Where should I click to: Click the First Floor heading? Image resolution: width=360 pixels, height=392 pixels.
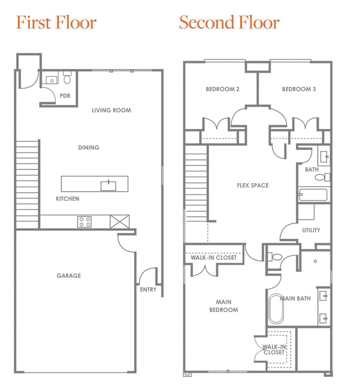pyautogui.click(x=56, y=22)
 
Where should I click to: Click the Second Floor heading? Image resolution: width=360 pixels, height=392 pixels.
pyautogui.click(x=229, y=22)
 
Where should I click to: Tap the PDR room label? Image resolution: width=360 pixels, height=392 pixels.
pyautogui.click(x=65, y=96)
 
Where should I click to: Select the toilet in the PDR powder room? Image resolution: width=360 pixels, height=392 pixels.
pyautogui.click(x=67, y=79)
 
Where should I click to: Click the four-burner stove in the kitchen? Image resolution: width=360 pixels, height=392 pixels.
pyautogui.click(x=84, y=222)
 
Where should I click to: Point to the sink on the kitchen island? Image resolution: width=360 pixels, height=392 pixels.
pyautogui.click(x=108, y=185)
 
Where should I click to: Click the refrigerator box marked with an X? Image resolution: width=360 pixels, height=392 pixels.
pyautogui.click(x=119, y=222)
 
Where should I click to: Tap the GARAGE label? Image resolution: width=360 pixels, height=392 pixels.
pyautogui.click(x=69, y=276)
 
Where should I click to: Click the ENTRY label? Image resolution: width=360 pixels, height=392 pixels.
pyautogui.click(x=148, y=289)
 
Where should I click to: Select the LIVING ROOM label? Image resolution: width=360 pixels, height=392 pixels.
pyautogui.click(x=111, y=110)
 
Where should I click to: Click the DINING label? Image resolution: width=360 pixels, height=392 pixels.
pyautogui.click(x=88, y=147)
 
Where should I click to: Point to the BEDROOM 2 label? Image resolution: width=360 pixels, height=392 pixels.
pyautogui.click(x=222, y=89)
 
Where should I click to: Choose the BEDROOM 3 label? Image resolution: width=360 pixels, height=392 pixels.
pyautogui.click(x=299, y=89)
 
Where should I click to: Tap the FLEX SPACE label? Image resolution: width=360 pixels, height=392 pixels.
pyautogui.click(x=252, y=185)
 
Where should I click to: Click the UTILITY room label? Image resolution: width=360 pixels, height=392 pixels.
pyautogui.click(x=311, y=230)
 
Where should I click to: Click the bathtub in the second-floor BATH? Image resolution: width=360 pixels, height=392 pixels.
pyautogui.click(x=313, y=195)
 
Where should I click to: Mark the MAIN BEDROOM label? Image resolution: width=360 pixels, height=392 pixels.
pyautogui.click(x=223, y=306)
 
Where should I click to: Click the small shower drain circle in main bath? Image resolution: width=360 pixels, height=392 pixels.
pyautogui.click(x=315, y=261)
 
